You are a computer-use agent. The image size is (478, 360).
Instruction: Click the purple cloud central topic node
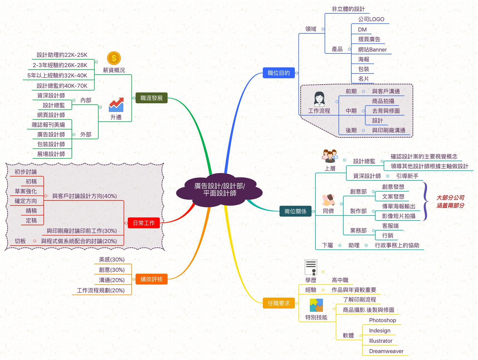pos(219,190)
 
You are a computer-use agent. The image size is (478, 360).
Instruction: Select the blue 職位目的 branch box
pos(279,73)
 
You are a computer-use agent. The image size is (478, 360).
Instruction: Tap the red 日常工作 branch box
pos(144,223)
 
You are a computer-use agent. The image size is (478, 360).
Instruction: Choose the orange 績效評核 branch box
pos(151,279)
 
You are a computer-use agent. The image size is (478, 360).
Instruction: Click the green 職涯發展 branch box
pos(151,98)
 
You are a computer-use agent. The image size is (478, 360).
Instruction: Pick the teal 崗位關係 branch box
pos(295,211)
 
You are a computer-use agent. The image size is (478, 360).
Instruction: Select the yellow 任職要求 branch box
pos(279,303)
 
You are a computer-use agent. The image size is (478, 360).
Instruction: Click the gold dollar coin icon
pos(114,58)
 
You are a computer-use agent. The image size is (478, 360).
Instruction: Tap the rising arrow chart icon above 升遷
pos(116,105)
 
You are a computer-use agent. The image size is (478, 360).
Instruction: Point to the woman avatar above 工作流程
pos(319,99)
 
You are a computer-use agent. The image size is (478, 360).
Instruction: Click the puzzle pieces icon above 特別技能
pos(316,305)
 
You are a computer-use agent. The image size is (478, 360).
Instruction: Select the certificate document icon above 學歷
pos(311,268)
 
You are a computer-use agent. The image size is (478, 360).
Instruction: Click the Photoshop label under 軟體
pos(383,320)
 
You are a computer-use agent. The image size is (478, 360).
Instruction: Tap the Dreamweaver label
pos(386,351)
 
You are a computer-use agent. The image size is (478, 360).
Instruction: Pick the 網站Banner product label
pos(372,50)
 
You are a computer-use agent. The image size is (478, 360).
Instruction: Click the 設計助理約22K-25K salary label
pos(62,55)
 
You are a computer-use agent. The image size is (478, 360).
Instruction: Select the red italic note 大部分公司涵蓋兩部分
pos(450,202)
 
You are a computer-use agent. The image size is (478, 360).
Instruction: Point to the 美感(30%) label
pos(112,259)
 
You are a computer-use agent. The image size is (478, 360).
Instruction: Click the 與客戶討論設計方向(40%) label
pos(84,196)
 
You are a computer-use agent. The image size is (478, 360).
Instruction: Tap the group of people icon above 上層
pos(330,156)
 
